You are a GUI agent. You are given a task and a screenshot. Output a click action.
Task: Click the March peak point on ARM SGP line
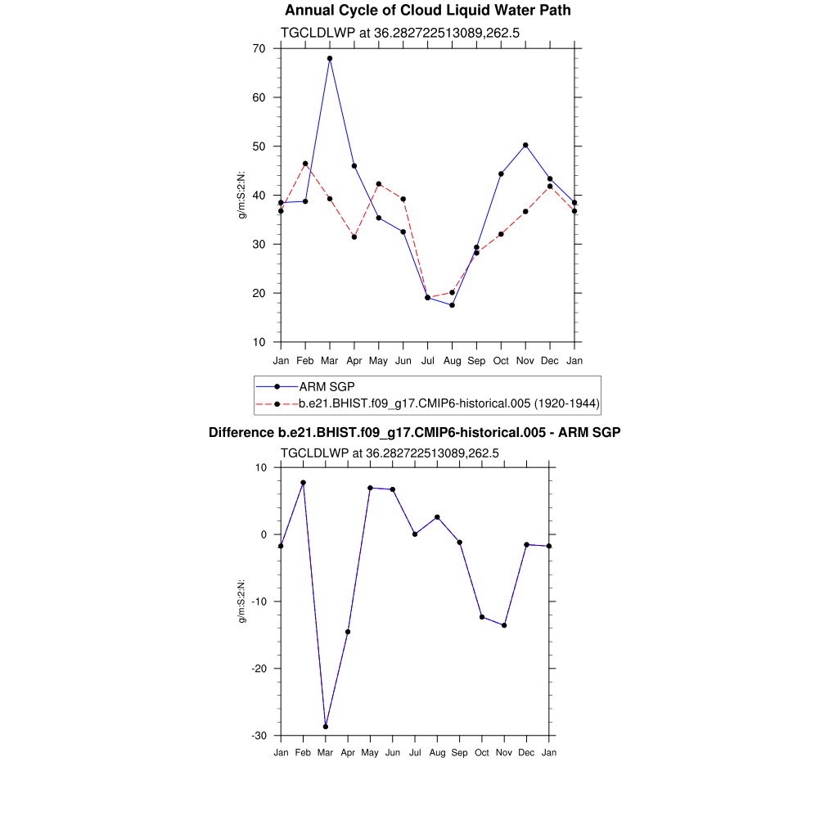(x=330, y=58)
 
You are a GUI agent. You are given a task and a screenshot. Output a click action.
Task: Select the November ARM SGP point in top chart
(x=525, y=145)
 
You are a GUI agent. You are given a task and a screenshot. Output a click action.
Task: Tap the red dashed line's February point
(x=305, y=164)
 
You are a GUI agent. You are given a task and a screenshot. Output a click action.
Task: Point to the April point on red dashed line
(x=354, y=237)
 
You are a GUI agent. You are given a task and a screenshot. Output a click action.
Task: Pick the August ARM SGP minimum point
(x=452, y=305)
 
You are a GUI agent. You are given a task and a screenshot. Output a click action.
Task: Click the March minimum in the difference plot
(x=326, y=727)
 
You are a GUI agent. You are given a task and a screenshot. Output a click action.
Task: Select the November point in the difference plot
(x=504, y=625)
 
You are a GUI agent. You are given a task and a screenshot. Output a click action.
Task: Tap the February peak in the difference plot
(x=303, y=483)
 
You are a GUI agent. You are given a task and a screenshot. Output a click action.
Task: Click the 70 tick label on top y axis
(x=259, y=48)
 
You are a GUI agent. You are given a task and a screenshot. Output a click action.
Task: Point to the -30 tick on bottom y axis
(x=259, y=736)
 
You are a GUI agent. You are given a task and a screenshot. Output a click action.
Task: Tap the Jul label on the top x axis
(x=427, y=361)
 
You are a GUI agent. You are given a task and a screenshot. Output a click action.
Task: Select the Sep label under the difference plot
(x=459, y=752)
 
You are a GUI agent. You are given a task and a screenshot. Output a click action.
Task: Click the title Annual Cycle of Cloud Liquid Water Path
(x=427, y=11)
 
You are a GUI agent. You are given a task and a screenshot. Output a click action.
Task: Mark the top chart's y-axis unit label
(x=242, y=195)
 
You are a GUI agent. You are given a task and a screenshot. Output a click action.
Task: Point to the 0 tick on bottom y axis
(x=264, y=534)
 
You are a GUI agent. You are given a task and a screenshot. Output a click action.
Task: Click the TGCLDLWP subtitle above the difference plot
(x=390, y=453)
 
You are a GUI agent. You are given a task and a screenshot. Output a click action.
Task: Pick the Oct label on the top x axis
(x=501, y=361)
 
